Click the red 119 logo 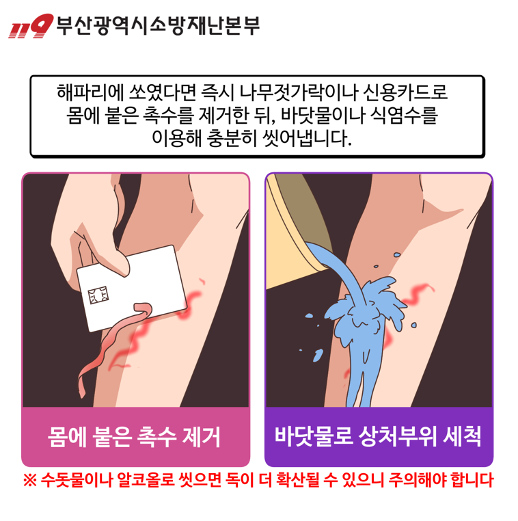pyautogui.click(x=30, y=27)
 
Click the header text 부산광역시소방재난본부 pyautogui.click(x=157, y=25)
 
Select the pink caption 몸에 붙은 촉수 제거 pyautogui.click(x=135, y=436)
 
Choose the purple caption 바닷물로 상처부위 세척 pyautogui.click(x=378, y=436)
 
